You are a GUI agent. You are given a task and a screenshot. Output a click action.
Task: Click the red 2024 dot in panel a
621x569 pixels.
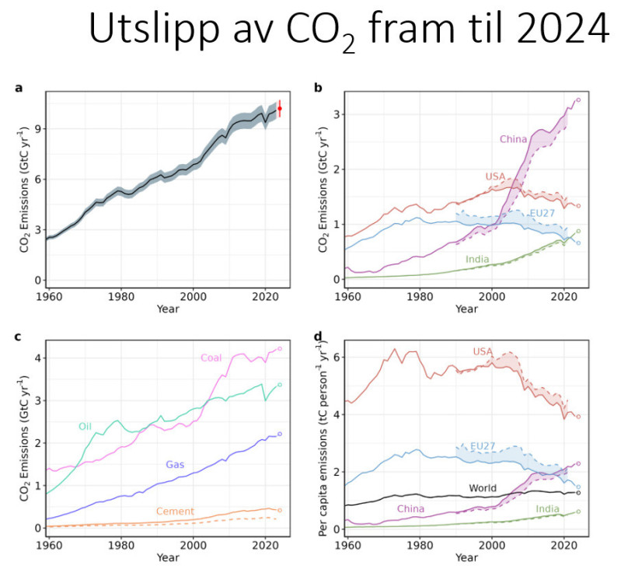tap(280, 109)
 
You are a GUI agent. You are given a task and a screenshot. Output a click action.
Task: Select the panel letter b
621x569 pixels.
tap(318, 87)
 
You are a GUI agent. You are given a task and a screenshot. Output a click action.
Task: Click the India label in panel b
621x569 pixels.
tap(477, 260)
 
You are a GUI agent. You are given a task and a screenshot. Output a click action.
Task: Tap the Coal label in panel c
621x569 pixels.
tap(211, 358)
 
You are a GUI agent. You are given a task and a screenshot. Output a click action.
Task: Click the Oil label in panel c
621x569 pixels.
tap(85, 426)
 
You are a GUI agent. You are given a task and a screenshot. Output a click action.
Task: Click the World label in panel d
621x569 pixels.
tap(482, 488)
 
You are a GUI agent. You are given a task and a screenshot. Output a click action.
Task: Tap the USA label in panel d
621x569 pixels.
tap(483, 352)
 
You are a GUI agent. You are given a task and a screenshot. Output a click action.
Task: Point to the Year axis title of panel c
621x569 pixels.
tap(167, 557)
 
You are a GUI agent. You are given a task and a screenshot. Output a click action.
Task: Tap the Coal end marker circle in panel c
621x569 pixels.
tap(280, 349)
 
